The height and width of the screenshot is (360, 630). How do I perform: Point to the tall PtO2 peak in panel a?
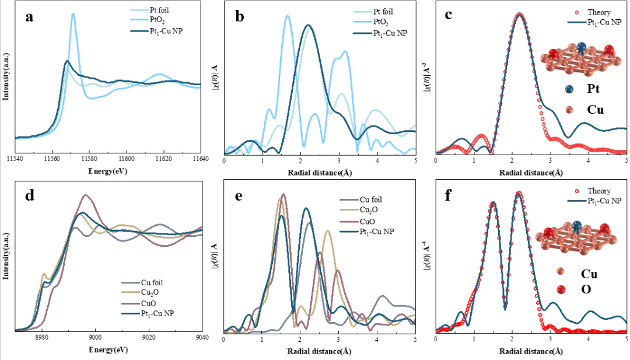coord(73,15)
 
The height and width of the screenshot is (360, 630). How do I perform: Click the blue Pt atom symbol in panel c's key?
coord(569,89)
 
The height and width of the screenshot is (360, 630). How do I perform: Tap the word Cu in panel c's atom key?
coord(595,110)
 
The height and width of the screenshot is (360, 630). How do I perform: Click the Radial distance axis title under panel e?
coord(319,351)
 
